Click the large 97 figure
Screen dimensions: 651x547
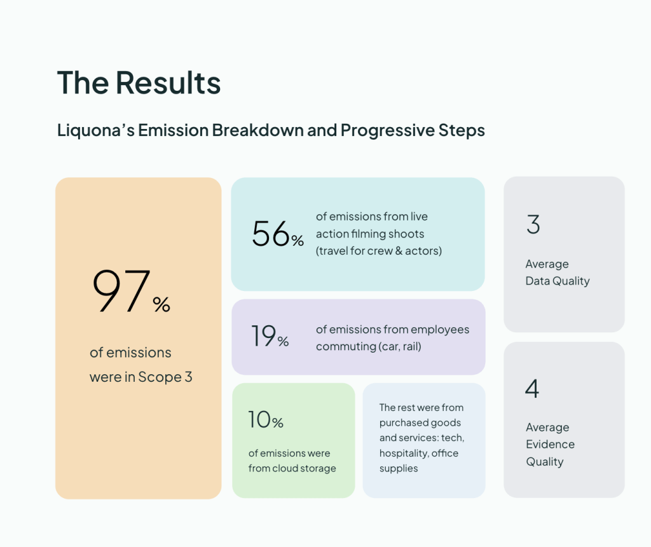pos(121,290)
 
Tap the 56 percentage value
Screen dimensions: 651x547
pos(271,234)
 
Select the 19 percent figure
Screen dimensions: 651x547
pos(264,335)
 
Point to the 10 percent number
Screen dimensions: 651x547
pos(259,419)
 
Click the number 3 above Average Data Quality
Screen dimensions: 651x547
pos(533,224)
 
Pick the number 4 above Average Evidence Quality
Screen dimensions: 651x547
pos(532,389)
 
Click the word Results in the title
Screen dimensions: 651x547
pos(168,83)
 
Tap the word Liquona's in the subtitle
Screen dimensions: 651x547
pos(96,130)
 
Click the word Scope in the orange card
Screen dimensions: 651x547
pos(160,377)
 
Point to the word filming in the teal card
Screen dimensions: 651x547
pos(369,234)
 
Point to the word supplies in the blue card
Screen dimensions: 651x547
pos(399,469)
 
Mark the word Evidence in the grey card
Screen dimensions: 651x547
pos(550,445)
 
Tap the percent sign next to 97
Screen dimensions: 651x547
pos(161,304)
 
